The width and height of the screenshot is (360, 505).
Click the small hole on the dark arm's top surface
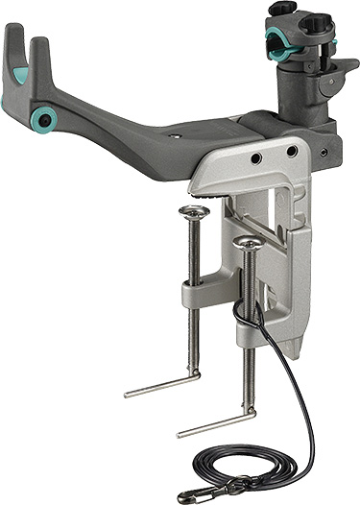click(x=175, y=137)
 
